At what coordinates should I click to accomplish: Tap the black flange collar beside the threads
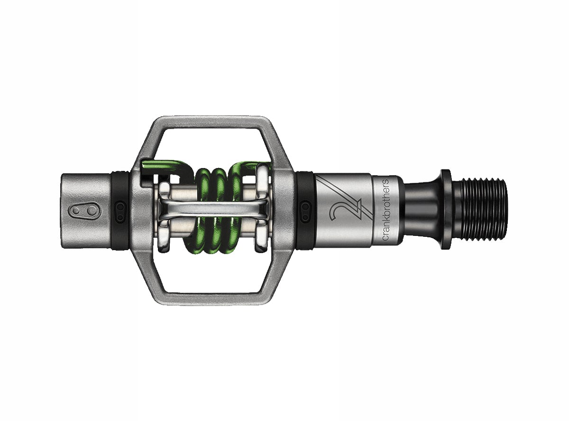[x=445, y=209]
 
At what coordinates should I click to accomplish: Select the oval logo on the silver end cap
[x=79, y=210]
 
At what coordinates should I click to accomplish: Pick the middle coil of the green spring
[x=218, y=209]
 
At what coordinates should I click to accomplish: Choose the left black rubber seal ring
[x=120, y=209]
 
